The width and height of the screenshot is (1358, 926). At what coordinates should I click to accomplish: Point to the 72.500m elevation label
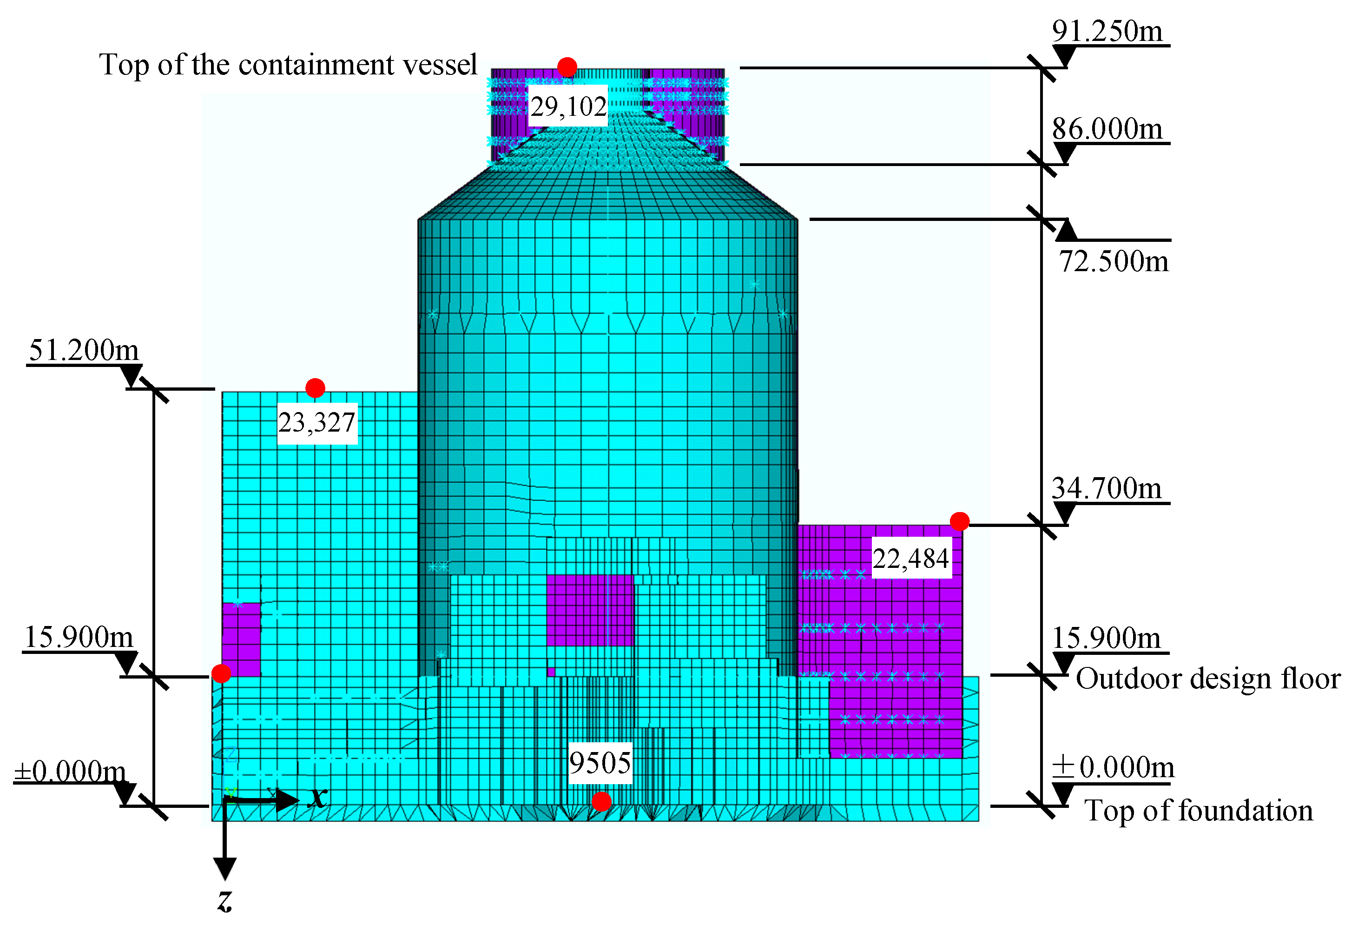click(1113, 261)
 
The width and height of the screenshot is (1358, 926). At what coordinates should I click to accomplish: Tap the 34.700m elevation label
click(1106, 488)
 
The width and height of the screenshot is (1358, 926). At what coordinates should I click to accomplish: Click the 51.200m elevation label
click(84, 350)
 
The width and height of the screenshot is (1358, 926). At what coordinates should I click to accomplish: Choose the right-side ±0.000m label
click(1113, 767)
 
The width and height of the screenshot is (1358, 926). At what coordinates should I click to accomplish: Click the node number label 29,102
click(568, 107)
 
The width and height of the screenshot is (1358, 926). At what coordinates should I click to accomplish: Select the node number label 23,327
click(316, 423)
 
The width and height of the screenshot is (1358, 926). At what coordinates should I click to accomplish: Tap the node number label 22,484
click(910, 558)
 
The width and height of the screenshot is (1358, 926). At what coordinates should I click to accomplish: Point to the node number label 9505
click(600, 763)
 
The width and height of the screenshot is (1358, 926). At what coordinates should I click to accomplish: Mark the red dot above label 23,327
click(315, 387)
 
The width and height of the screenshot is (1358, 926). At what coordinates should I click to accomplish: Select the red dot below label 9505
click(601, 801)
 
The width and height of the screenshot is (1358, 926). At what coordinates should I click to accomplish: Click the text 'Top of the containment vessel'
click(288, 64)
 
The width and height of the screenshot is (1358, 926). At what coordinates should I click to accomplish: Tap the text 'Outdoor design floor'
click(1208, 679)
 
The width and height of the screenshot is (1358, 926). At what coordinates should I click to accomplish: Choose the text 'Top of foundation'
click(1199, 810)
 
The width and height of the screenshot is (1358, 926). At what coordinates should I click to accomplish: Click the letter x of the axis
click(318, 797)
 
